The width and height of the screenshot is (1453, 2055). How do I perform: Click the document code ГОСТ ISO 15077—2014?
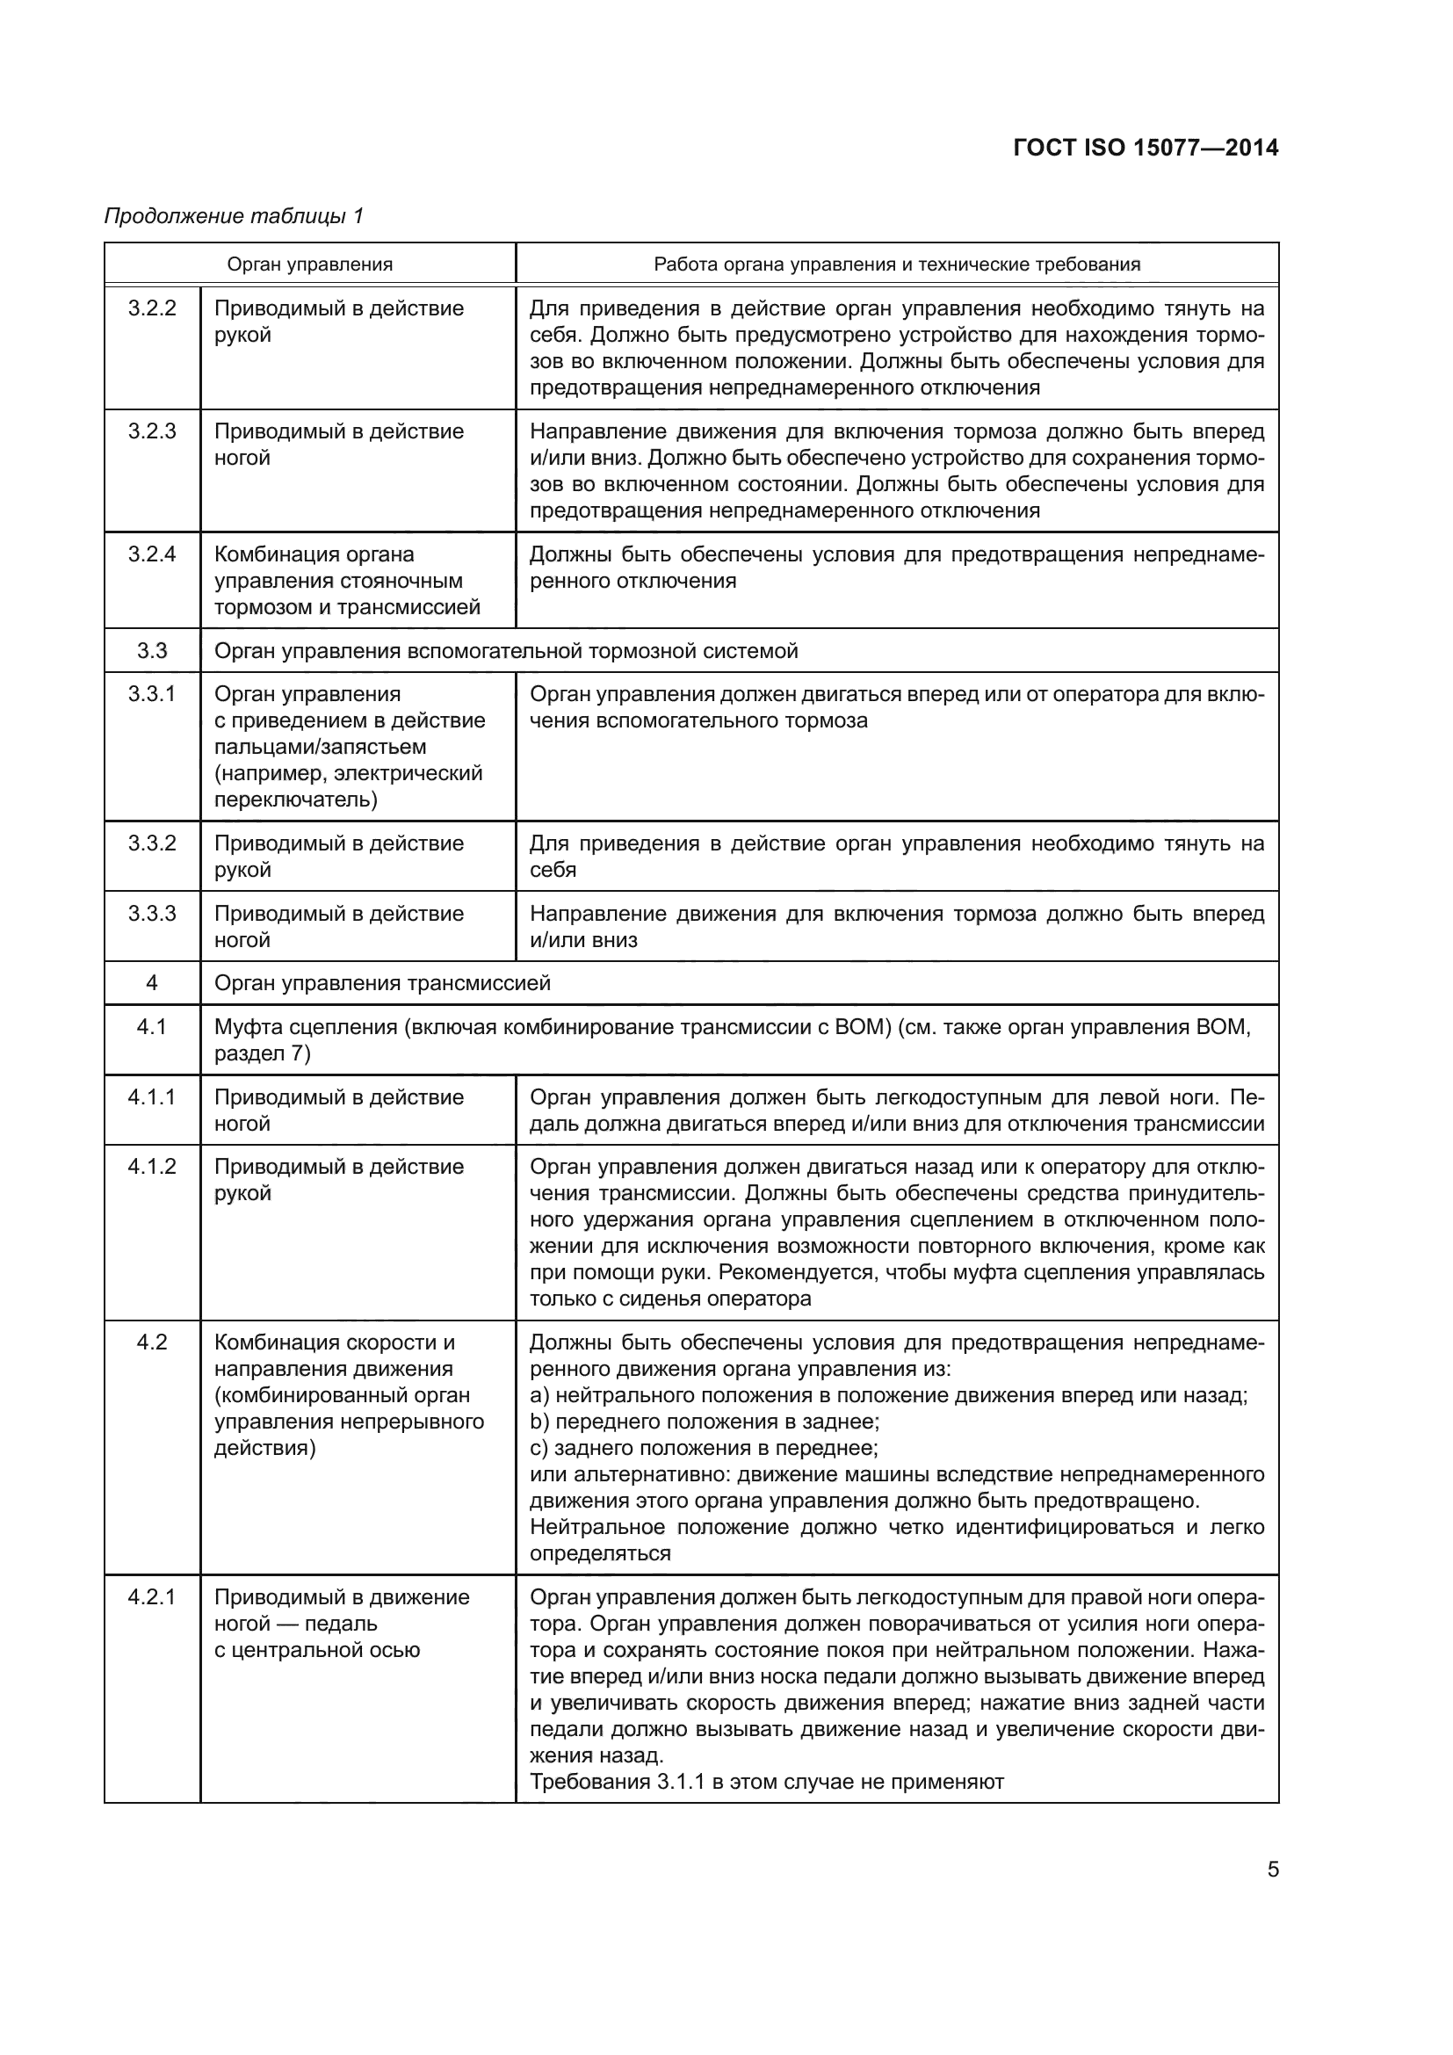(x=1146, y=148)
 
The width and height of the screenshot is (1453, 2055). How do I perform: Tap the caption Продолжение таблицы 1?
(x=235, y=216)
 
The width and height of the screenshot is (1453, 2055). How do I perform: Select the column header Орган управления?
(x=309, y=264)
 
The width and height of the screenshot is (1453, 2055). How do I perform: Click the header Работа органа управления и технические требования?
(x=897, y=264)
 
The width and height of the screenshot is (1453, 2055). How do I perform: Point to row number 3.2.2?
(x=152, y=308)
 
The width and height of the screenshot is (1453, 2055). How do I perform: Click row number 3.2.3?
(x=152, y=431)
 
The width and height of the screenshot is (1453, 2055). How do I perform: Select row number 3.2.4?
(x=152, y=554)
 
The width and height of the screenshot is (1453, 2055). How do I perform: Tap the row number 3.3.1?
(x=152, y=694)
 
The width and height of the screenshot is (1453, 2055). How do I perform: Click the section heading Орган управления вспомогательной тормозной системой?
(x=505, y=651)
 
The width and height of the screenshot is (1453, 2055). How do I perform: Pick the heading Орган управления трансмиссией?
(x=382, y=983)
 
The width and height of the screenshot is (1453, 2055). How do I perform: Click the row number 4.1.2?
(x=152, y=1166)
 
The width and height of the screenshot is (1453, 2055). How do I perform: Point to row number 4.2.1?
(x=152, y=1596)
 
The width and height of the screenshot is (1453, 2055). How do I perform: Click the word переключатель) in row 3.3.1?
(x=296, y=800)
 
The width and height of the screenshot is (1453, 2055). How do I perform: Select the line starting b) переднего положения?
(x=705, y=1422)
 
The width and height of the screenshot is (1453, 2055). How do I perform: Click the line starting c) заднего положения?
(x=704, y=1447)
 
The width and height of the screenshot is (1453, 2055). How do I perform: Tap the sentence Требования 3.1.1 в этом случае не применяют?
(x=767, y=1781)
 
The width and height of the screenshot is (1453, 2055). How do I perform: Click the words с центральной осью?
(x=317, y=1650)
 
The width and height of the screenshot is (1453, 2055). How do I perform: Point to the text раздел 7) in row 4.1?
(x=262, y=1053)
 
